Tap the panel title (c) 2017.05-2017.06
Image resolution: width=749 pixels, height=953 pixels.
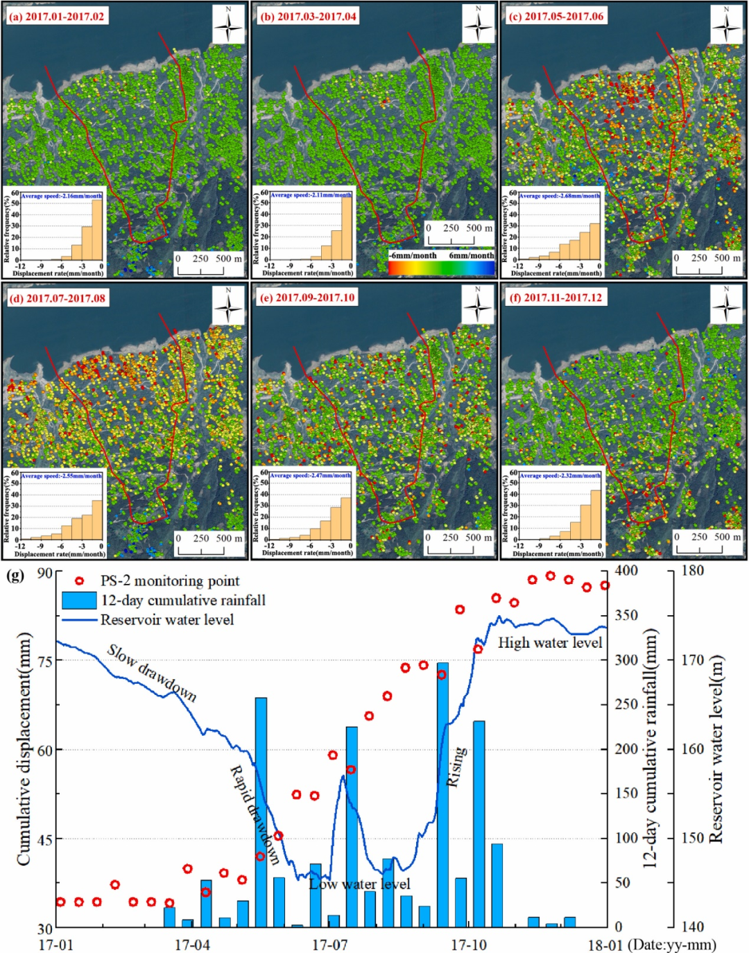[556, 17]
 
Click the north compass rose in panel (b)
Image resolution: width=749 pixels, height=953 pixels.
[478, 24]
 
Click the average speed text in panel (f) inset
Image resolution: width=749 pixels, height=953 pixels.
[560, 475]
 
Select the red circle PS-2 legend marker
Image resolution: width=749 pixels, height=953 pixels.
[79, 581]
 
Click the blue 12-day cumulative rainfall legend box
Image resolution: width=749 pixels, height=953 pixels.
[79, 600]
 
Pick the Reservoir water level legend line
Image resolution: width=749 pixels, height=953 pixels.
[79, 619]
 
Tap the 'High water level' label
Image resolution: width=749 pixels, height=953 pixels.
[550, 643]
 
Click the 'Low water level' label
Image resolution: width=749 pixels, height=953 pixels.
[360, 884]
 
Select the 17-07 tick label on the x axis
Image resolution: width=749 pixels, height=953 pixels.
[329, 945]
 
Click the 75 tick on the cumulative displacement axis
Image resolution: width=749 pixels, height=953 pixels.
[45, 661]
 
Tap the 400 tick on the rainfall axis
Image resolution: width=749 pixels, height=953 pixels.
[626, 571]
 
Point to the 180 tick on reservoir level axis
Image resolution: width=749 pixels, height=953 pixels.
[692, 571]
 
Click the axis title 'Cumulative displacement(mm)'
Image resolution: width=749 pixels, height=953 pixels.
[24, 749]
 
